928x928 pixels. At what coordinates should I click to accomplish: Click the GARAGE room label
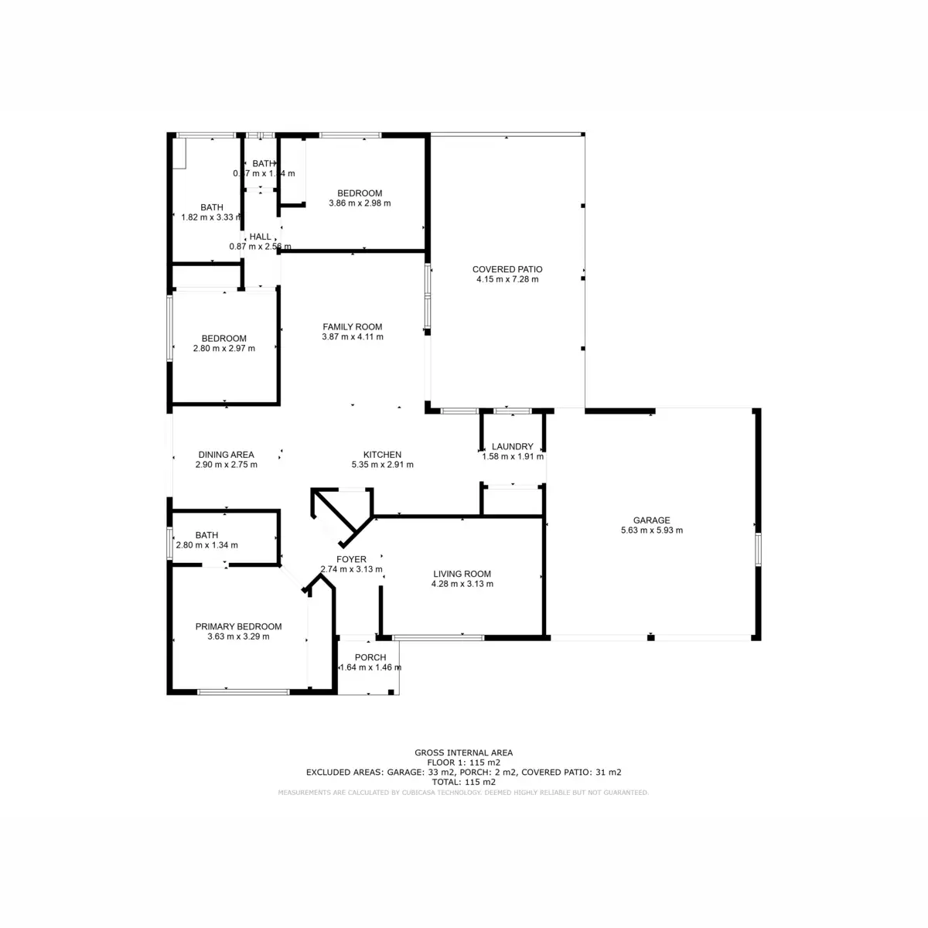(651, 520)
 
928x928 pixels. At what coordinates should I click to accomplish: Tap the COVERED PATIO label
(507, 269)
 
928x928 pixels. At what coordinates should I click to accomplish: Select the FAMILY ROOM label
(352, 326)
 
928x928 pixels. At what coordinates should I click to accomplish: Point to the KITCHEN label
(382, 455)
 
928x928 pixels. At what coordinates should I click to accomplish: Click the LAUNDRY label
(512, 446)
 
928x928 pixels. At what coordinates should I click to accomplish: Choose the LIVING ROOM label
(462, 574)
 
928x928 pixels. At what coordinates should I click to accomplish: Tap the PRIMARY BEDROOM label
(238, 626)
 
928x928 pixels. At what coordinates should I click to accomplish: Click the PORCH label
(370, 657)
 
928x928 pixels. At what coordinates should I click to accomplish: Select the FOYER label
(351, 559)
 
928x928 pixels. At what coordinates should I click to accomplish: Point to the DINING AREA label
(226, 455)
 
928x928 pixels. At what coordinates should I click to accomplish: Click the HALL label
(260, 237)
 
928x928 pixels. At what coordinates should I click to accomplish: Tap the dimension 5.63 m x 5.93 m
(651, 531)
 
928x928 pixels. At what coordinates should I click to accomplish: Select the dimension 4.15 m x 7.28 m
(507, 279)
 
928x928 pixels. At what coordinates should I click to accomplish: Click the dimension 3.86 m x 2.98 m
(360, 203)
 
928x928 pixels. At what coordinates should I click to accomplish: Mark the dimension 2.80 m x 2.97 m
(223, 348)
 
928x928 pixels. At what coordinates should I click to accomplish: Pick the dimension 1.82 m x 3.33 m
(212, 217)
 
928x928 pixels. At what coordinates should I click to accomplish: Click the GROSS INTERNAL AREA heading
(463, 752)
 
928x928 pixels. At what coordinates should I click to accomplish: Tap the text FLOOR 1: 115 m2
(463, 762)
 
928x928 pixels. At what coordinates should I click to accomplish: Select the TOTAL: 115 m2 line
(463, 782)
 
